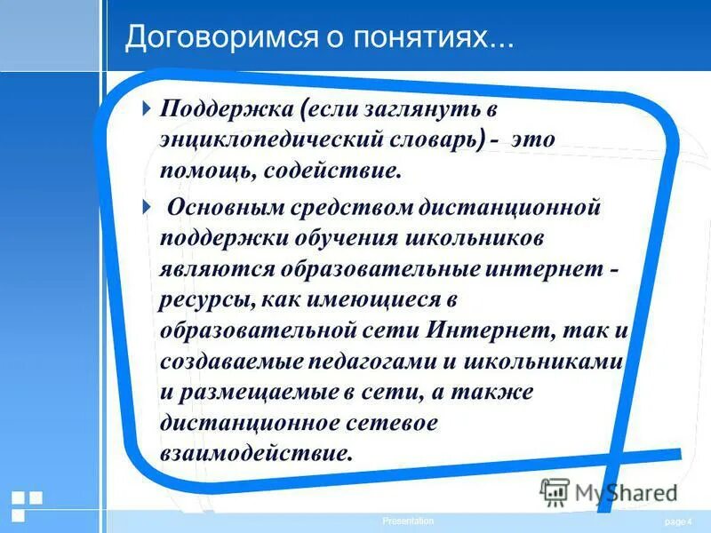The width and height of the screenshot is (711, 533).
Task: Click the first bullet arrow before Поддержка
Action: point(148,109)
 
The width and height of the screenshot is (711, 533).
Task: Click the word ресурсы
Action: point(207,299)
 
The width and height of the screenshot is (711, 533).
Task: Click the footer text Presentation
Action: point(408,521)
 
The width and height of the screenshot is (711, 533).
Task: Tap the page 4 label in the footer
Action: point(677,521)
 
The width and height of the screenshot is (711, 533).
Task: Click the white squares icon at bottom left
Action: point(27,505)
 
